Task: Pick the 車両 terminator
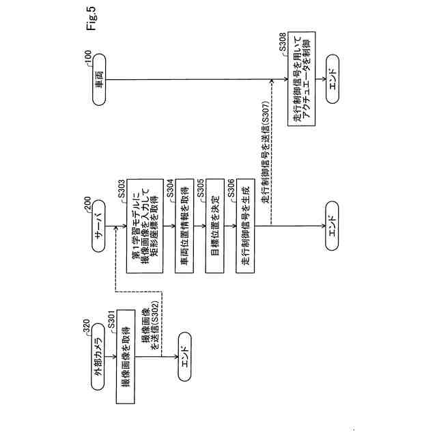[97, 79]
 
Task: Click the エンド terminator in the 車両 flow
[332, 79]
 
